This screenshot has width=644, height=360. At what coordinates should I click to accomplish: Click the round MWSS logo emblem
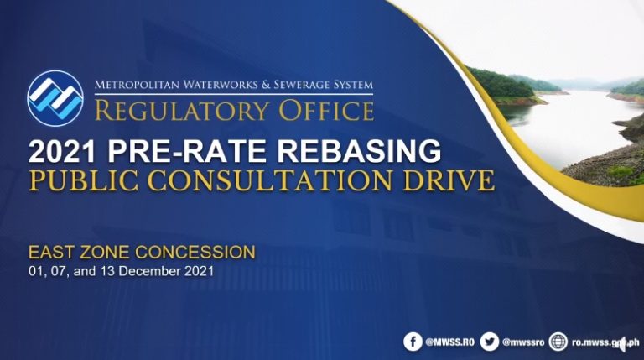[55, 98]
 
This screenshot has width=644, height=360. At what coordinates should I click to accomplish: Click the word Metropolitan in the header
[137, 85]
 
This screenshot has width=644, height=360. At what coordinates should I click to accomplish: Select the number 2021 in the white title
[62, 151]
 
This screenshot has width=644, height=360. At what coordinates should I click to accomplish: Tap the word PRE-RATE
[187, 151]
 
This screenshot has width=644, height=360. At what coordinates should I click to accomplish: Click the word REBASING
[360, 151]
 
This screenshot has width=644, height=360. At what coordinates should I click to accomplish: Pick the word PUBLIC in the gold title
[84, 180]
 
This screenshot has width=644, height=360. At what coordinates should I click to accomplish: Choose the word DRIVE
[449, 180]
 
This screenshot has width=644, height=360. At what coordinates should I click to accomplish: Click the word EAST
[52, 252]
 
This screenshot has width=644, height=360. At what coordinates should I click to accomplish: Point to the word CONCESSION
[195, 252]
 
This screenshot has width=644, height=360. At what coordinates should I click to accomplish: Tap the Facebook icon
[413, 342]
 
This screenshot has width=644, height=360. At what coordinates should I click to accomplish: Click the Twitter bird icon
[490, 342]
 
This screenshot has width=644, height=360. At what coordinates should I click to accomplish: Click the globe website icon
[558, 342]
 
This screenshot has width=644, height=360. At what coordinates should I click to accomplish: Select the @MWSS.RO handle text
[449, 342]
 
